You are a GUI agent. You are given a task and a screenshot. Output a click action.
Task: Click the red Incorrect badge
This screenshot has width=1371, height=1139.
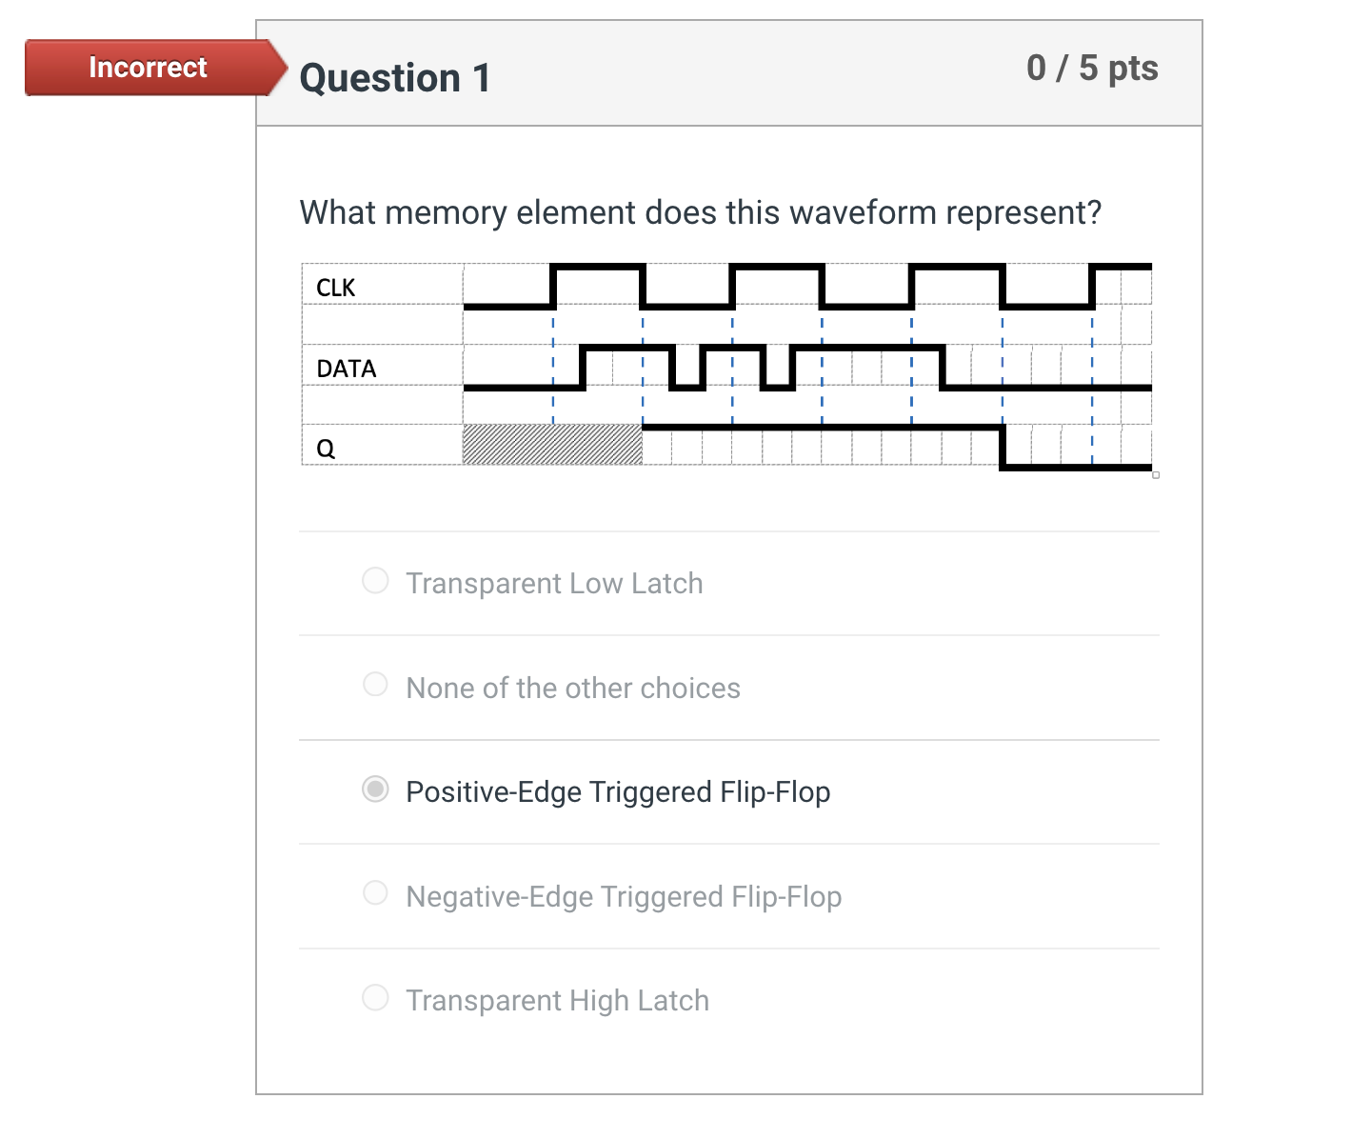click(x=149, y=68)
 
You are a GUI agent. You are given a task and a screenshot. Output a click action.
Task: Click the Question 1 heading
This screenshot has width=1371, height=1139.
click(x=395, y=78)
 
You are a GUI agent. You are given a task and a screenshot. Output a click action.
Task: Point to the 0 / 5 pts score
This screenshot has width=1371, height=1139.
click(x=1092, y=69)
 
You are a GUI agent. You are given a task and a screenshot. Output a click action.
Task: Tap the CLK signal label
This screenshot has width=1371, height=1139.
click(x=335, y=288)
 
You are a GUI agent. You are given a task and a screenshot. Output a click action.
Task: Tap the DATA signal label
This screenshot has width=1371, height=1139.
click(x=346, y=369)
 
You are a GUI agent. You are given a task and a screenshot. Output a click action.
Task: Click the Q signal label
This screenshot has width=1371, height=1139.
click(x=326, y=449)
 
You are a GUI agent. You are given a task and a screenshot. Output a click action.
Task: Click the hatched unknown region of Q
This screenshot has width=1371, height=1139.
click(x=552, y=445)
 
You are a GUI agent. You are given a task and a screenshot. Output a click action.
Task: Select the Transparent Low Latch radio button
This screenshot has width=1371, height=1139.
click(x=375, y=581)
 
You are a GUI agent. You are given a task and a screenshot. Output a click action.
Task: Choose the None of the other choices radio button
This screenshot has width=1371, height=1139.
click(x=375, y=685)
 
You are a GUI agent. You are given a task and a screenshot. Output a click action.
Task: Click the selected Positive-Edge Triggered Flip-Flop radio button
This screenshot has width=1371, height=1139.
click(x=375, y=789)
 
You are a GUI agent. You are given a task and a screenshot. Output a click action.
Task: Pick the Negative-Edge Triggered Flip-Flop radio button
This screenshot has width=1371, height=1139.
click(x=375, y=893)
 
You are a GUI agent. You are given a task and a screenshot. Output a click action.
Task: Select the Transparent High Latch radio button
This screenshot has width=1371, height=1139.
click(x=375, y=998)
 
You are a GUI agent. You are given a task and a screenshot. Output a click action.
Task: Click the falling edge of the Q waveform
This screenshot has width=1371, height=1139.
click(x=1003, y=447)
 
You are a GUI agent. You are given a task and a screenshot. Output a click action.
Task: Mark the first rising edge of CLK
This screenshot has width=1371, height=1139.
click(x=553, y=287)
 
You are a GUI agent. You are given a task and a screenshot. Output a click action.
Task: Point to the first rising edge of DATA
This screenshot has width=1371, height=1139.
click(x=583, y=368)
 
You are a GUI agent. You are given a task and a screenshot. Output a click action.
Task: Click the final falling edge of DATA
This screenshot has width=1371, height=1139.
click(x=943, y=368)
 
